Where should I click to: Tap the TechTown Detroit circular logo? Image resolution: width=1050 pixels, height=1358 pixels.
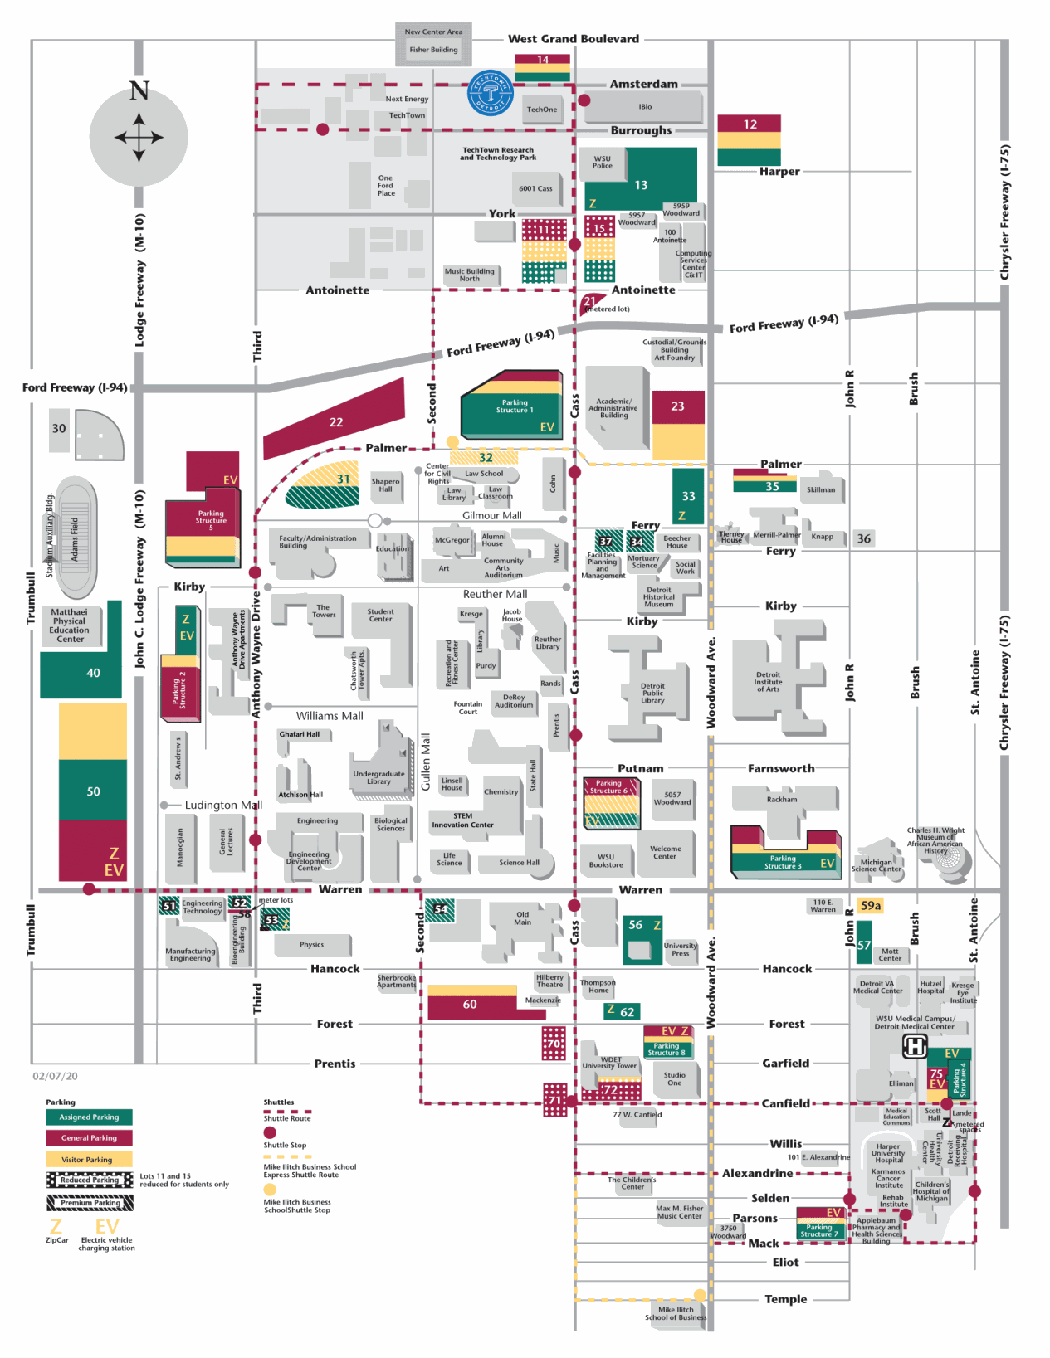(x=491, y=93)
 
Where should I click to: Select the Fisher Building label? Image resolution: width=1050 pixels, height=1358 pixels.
(x=433, y=50)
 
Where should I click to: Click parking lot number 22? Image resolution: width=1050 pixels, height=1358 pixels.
(x=336, y=422)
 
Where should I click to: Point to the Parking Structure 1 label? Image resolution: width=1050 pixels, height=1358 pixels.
(x=515, y=406)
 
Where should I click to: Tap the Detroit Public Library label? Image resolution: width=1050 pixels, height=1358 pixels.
(x=652, y=693)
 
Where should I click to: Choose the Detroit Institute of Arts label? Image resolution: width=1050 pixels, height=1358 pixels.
(x=768, y=682)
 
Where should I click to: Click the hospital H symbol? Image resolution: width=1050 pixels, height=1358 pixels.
(x=914, y=1046)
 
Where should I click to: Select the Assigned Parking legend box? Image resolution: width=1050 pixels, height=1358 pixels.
(x=89, y=1117)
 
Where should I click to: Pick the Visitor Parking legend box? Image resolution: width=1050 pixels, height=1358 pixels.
(x=89, y=1160)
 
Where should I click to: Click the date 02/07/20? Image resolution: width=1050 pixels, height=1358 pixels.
(x=56, y=1076)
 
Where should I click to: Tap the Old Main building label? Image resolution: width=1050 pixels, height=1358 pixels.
(x=522, y=918)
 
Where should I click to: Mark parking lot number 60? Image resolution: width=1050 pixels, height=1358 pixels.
(x=470, y=1005)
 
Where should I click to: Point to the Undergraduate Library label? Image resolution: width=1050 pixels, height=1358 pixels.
(x=378, y=777)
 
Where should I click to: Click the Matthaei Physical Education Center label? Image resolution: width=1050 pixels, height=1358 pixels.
(x=70, y=625)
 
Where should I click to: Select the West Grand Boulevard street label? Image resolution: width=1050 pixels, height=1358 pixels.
(x=574, y=39)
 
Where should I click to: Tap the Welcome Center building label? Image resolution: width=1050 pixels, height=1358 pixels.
(x=666, y=852)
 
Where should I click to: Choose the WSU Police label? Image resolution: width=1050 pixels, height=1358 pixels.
(x=603, y=162)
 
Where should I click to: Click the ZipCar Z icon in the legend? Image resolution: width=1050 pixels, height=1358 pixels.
(x=56, y=1227)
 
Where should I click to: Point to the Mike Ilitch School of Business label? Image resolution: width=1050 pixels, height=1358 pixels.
(x=676, y=1313)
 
